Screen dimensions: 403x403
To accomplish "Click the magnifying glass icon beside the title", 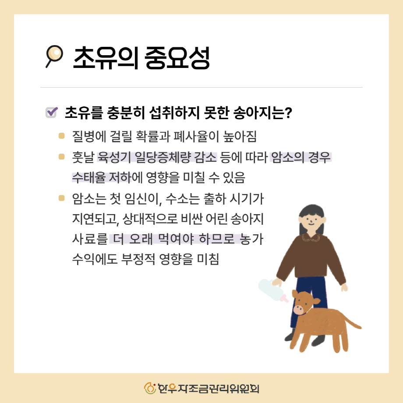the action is click(54, 56).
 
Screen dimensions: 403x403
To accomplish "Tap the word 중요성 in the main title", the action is click(177, 58).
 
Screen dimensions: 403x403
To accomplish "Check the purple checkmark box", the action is click(51, 112).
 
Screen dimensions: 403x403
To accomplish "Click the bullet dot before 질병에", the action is click(61, 135).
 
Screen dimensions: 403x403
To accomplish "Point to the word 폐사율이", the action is click(196, 136).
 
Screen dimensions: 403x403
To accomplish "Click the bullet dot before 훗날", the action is click(61, 156).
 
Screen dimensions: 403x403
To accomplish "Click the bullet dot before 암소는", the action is click(61, 198).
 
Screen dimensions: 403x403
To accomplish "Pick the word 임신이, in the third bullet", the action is click(143, 199).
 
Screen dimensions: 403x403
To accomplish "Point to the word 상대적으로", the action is click(150, 219).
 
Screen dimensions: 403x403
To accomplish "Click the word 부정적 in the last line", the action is click(138, 259).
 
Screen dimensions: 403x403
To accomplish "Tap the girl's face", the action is click(312, 221).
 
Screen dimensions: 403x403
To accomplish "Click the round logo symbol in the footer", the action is click(150, 388).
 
